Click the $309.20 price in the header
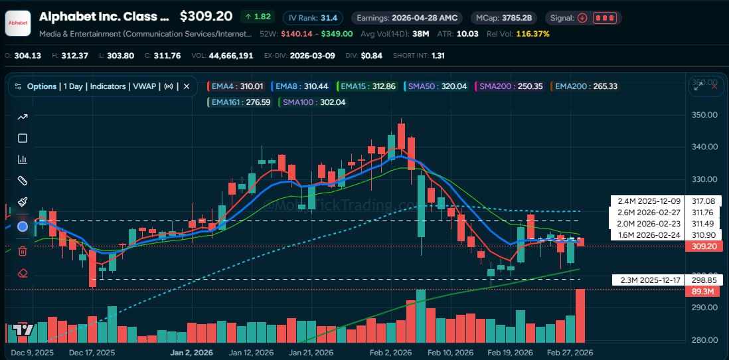click(x=206, y=17)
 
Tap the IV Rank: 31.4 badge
click(x=311, y=18)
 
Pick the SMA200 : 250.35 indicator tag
click(x=511, y=86)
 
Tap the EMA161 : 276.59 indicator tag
click(x=240, y=102)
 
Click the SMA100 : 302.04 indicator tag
click(x=314, y=102)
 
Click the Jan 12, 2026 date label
click(x=251, y=353)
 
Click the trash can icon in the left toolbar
click(x=23, y=250)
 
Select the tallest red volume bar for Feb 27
click(x=580, y=315)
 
